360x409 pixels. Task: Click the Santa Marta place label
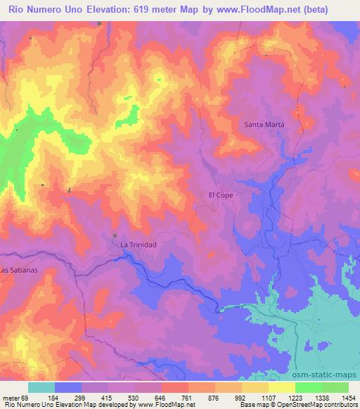[x=264, y=124]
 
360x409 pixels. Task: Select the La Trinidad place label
[x=138, y=244]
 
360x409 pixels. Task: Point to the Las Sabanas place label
[x=19, y=269]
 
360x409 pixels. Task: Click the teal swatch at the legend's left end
[x=41, y=387]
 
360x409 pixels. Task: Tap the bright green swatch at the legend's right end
[x=335, y=387]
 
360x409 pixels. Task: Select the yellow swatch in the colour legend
[x=282, y=387]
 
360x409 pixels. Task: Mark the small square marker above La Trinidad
[x=115, y=235]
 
